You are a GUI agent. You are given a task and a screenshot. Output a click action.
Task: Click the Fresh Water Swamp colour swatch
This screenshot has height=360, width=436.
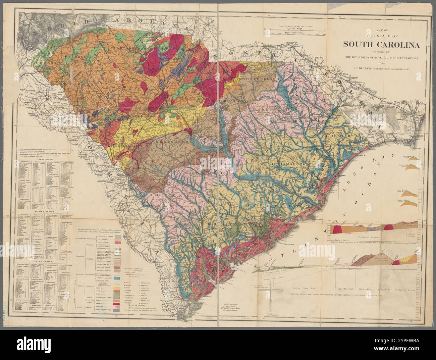[x=118, y=236]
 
